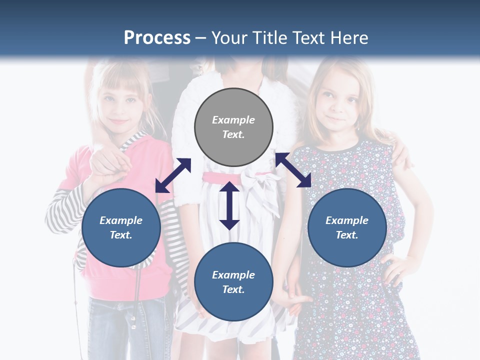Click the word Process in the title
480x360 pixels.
click(x=157, y=38)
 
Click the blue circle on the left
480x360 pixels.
click(x=121, y=227)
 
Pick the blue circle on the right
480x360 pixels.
click(x=347, y=227)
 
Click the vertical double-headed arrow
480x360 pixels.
click(x=229, y=205)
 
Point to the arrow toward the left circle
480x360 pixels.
click(x=173, y=175)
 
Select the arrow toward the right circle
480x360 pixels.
click(x=293, y=170)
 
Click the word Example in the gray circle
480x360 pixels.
click(x=233, y=120)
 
